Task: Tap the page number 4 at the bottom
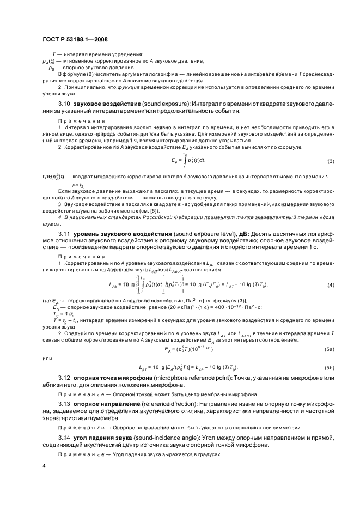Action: tap(44, 466)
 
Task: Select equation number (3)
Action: tap(331, 161)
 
